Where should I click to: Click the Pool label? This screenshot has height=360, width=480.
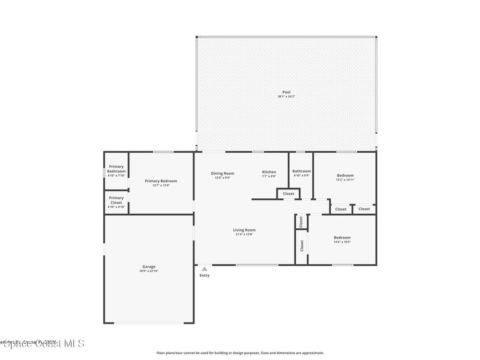pyautogui.click(x=286, y=92)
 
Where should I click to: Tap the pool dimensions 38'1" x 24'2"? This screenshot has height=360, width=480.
pyautogui.click(x=286, y=97)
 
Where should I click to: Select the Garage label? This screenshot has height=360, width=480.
pyautogui.click(x=149, y=267)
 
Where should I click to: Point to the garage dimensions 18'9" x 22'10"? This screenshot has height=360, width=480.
pyautogui.click(x=149, y=271)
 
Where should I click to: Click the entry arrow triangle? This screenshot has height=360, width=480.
pyautogui.click(x=204, y=269)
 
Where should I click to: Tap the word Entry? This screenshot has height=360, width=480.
pyautogui.click(x=204, y=275)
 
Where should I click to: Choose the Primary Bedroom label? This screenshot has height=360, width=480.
pyautogui.click(x=161, y=181)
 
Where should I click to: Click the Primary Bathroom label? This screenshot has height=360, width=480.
pyautogui.click(x=116, y=169)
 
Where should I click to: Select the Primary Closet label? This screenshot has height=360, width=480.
pyautogui.click(x=116, y=200)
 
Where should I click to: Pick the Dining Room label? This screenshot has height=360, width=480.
pyautogui.click(x=222, y=173)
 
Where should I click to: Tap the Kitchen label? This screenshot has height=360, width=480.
pyautogui.click(x=269, y=172)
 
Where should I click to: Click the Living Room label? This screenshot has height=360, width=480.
pyautogui.click(x=244, y=230)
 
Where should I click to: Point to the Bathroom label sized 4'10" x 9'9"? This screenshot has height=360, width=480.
pyautogui.click(x=301, y=171)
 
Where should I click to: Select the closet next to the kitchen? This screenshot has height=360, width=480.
pyautogui.click(x=288, y=194)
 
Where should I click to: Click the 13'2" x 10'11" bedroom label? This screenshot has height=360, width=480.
pyautogui.click(x=345, y=175)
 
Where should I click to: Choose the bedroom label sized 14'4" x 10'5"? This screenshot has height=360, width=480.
pyautogui.click(x=342, y=238)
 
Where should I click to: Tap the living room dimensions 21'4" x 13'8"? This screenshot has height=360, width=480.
pyautogui.click(x=244, y=234)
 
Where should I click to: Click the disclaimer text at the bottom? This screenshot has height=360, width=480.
pyautogui.click(x=240, y=353)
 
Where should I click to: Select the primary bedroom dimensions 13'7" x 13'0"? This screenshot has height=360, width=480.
pyautogui.click(x=161, y=186)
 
